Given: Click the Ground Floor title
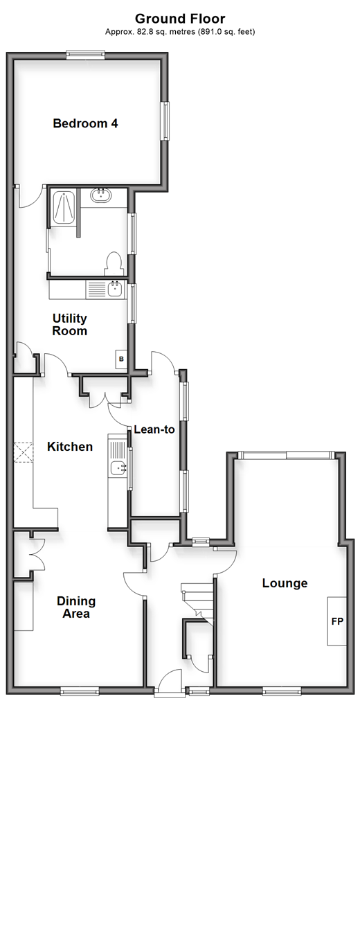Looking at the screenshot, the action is click(x=180, y=19).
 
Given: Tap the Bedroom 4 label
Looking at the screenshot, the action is click(x=86, y=123).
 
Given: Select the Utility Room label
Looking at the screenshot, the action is click(x=70, y=324).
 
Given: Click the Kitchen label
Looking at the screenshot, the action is click(x=70, y=446).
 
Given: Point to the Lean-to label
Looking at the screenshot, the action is click(x=154, y=429).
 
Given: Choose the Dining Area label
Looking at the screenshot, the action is click(x=76, y=607).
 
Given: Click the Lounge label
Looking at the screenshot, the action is click(x=285, y=582).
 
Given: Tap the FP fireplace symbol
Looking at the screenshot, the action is click(x=337, y=621).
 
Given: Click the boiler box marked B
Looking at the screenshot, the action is click(x=121, y=359).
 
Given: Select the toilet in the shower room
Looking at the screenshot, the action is click(x=114, y=264).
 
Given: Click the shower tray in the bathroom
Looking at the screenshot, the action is click(x=63, y=208).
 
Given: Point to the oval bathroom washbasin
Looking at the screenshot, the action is click(x=101, y=195).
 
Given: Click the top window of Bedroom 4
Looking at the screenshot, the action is click(x=86, y=55).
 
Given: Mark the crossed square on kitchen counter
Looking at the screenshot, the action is click(x=24, y=452).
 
